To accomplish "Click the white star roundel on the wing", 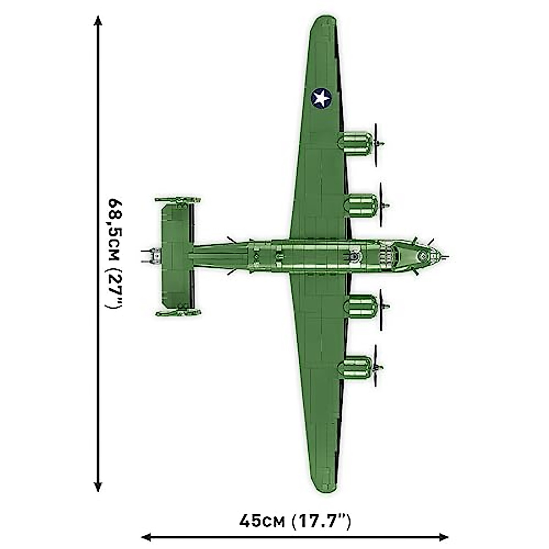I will [321, 98].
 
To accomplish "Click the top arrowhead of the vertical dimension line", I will [97, 21].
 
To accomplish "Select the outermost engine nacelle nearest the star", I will [356, 142].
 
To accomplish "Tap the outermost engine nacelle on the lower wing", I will [356, 367].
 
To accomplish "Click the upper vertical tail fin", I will [178, 200].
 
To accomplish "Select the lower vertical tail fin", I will [178, 313].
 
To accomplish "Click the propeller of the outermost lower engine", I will [376, 366].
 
